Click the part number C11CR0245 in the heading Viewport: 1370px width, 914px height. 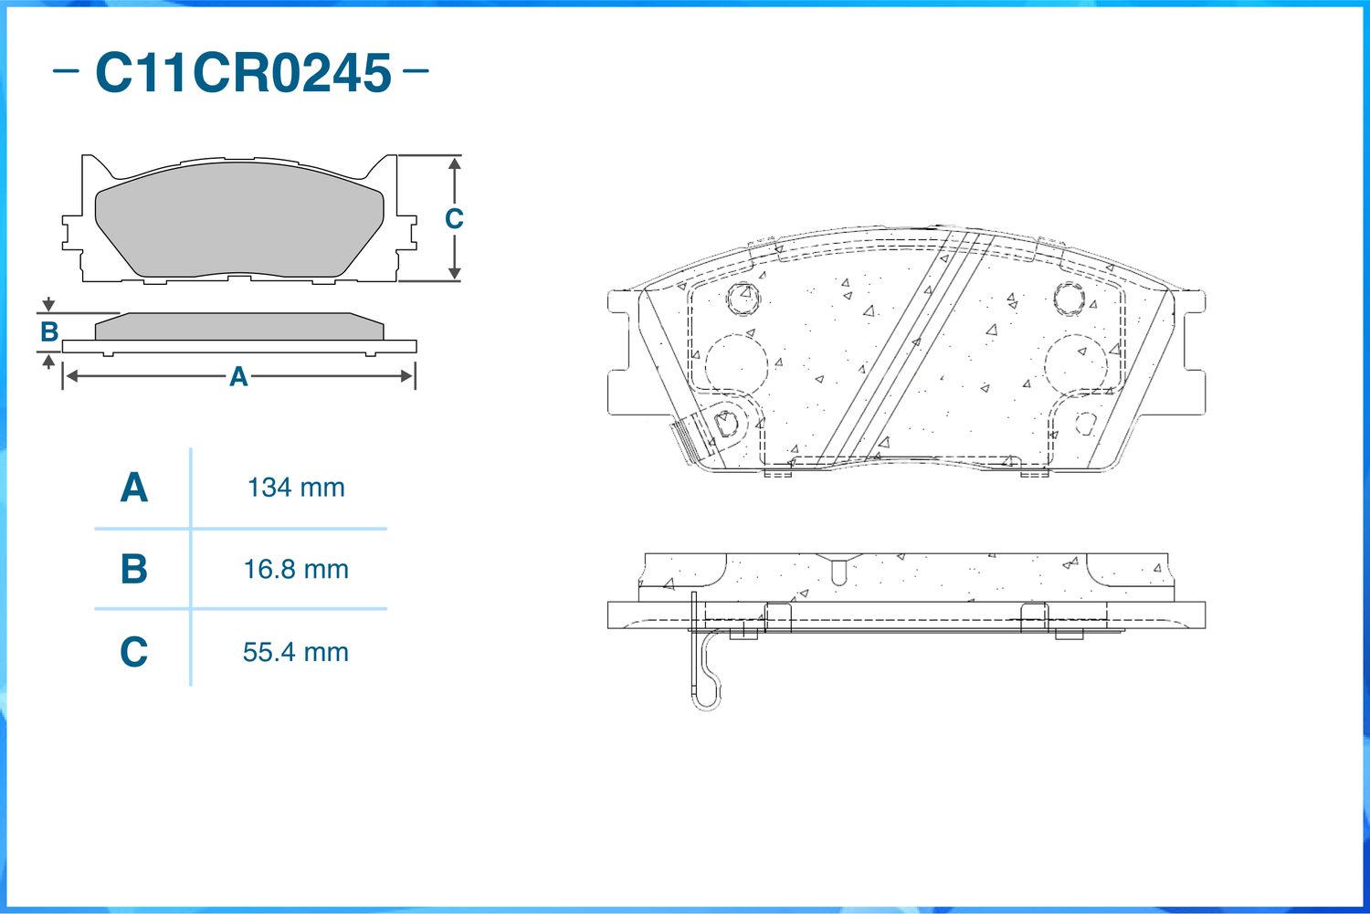(243, 73)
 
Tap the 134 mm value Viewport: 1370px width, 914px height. (296, 488)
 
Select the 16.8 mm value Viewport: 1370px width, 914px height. (296, 569)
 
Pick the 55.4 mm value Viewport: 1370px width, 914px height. (296, 652)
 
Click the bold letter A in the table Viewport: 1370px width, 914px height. (134, 488)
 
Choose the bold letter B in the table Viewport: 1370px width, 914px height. (134, 569)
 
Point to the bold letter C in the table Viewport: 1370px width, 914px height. (134, 651)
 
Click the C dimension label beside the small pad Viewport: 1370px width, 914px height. (454, 219)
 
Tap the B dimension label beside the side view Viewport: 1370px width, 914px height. (49, 332)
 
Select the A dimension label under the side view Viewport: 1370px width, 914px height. (238, 376)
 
